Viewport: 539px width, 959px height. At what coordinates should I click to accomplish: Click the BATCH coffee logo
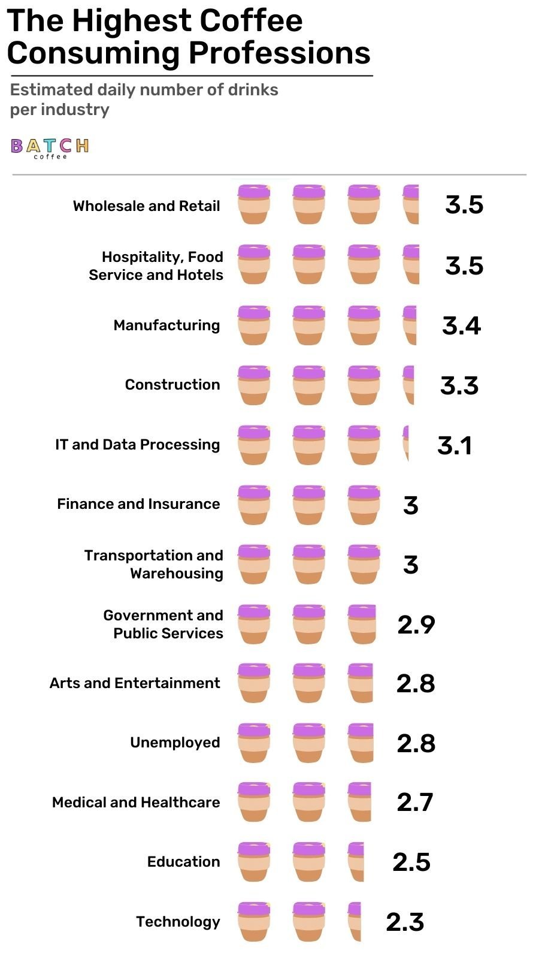pos(50,147)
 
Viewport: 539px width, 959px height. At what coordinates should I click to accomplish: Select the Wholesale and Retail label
pos(147,206)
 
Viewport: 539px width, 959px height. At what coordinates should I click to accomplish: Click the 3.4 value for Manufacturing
pos(461,325)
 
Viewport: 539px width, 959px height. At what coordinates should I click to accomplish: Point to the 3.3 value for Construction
pos(459,385)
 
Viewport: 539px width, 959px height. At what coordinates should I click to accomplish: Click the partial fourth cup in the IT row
pos(406,444)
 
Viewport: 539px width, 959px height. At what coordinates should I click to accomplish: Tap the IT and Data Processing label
pos(138,445)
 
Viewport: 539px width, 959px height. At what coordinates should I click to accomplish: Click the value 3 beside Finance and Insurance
pos(411,505)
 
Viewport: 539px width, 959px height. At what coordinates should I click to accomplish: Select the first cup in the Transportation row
pos(253,564)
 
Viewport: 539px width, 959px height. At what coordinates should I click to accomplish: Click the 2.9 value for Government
pos(416,625)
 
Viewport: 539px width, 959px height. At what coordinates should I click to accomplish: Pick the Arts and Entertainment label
pos(135,683)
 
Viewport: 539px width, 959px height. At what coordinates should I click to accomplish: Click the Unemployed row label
pos(175,743)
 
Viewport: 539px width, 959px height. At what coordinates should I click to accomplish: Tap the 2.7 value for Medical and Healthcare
pos(414,803)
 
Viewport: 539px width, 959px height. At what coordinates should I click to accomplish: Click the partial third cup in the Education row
pos(356,861)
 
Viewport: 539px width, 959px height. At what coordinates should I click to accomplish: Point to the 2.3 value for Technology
pos(405,922)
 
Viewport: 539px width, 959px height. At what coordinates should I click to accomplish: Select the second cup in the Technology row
pos(309,921)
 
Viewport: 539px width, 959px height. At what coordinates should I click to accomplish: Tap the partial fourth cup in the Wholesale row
pos(411,204)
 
